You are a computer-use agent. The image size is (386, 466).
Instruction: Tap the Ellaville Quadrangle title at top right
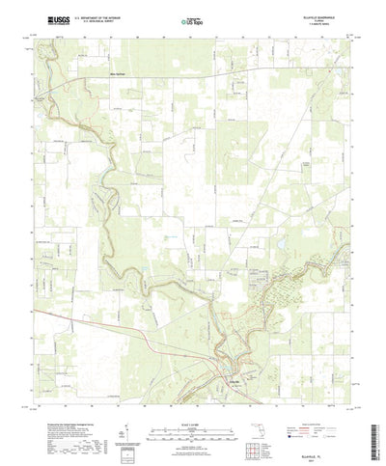pos(314,14)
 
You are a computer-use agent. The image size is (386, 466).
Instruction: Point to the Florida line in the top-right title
pos(314,18)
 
